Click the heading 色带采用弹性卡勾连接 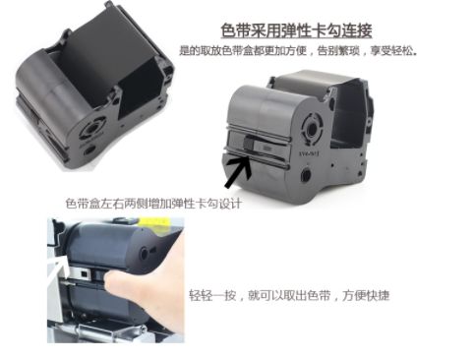tap(296, 30)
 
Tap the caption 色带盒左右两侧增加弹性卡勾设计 tap(153, 204)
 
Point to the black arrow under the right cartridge tap(238, 172)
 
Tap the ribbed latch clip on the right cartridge tap(248, 145)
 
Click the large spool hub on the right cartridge tap(311, 127)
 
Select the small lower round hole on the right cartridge tap(307, 175)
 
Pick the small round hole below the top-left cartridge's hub tap(89, 150)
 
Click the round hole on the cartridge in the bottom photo tap(144, 254)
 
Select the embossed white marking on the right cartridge tap(309, 152)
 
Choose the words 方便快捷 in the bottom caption tap(366, 295)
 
